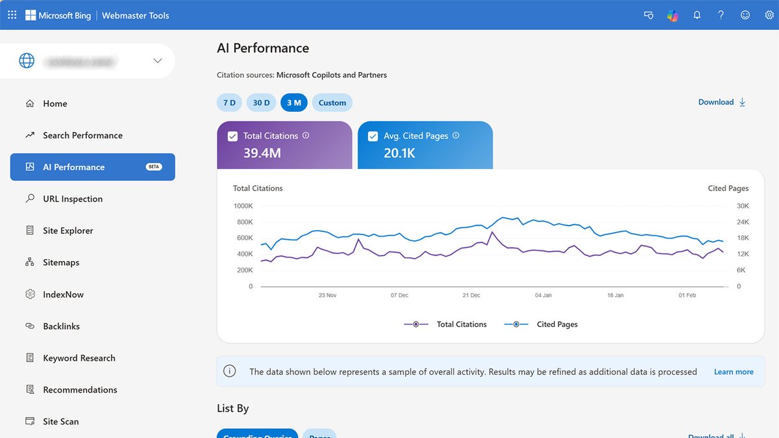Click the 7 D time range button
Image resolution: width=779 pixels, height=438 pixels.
229,103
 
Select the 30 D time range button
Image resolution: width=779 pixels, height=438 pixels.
262,103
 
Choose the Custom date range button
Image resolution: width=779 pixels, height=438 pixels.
332,103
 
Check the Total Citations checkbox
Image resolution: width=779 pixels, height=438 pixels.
232,136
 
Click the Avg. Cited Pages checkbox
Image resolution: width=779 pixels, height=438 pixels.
373,136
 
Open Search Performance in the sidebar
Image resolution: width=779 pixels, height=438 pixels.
82,135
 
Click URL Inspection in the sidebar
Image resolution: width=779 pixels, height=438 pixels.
73,199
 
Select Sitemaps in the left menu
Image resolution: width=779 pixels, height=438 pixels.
61,263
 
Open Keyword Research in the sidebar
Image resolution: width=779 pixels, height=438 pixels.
79,358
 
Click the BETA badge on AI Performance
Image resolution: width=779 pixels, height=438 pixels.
154,167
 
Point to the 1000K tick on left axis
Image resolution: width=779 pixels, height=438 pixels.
243,206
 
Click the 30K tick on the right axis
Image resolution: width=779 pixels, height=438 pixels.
743,206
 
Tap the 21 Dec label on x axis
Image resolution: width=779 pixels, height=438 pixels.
471,295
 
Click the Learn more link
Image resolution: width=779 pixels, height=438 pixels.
734,372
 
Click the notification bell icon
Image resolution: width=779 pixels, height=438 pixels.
697,15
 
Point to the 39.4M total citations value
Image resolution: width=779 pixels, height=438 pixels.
262,153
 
